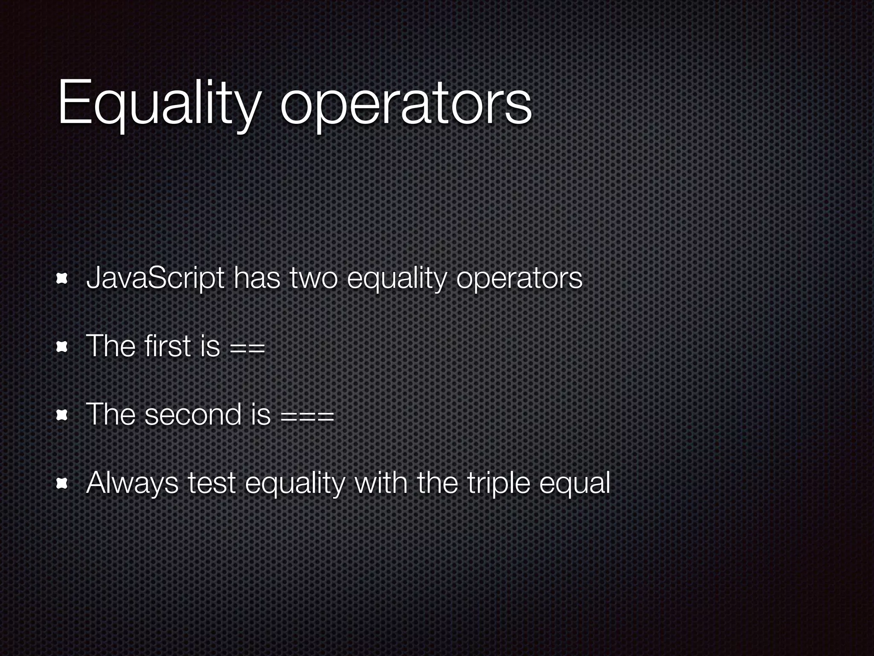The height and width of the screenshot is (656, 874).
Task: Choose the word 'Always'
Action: pyautogui.click(x=132, y=483)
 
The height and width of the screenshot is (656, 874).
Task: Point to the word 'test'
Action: pyautogui.click(x=212, y=483)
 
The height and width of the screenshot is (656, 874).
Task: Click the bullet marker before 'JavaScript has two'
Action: pyautogui.click(x=63, y=279)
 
